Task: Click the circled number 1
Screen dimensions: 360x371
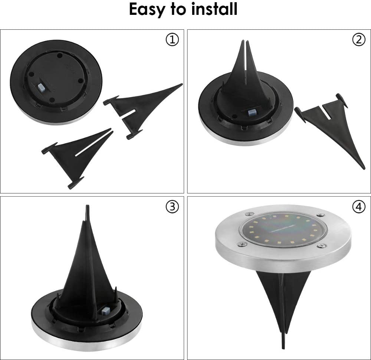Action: [172, 40]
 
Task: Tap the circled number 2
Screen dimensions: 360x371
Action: [359, 40]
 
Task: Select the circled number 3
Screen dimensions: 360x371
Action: [172, 207]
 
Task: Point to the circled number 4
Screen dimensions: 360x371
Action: [359, 207]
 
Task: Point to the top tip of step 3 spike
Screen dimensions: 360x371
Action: [87, 206]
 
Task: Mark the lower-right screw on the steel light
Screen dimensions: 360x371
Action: [321, 245]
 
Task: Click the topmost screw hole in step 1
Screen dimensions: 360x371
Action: [60, 56]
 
